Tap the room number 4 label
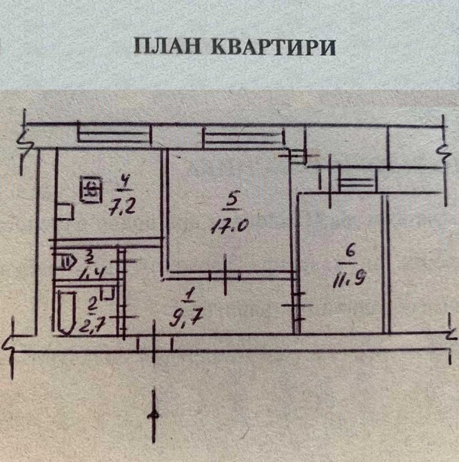[124, 183]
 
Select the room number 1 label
[187, 296]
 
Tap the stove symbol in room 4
[90, 188]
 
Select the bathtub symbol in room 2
[67, 312]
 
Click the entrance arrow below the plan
[155, 414]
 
